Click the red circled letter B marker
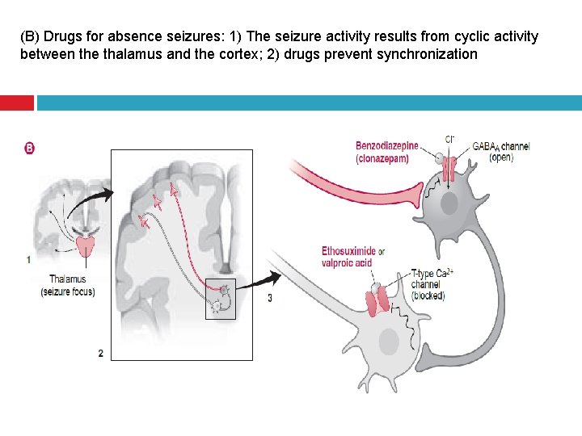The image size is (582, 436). [x=30, y=148]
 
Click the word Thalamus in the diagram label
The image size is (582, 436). [x=67, y=280]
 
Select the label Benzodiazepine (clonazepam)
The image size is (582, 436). [x=386, y=152]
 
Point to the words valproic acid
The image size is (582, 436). [x=346, y=262]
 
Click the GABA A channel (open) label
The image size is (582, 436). [x=501, y=152]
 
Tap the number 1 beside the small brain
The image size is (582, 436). [x=28, y=260]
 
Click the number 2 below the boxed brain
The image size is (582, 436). [x=100, y=353]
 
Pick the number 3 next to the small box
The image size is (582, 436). [x=270, y=298]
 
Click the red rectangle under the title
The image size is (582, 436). [x=16, y=103]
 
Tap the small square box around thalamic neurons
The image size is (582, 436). [x=220, y=299]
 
